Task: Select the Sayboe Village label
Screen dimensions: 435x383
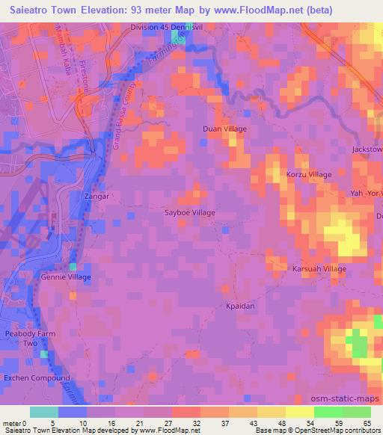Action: (190, 213)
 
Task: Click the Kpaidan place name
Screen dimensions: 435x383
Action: (241, 306)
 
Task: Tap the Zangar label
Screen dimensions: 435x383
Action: (97, 197)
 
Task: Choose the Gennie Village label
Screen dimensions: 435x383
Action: (70, 277)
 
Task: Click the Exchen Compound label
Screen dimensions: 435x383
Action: (36, 378)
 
